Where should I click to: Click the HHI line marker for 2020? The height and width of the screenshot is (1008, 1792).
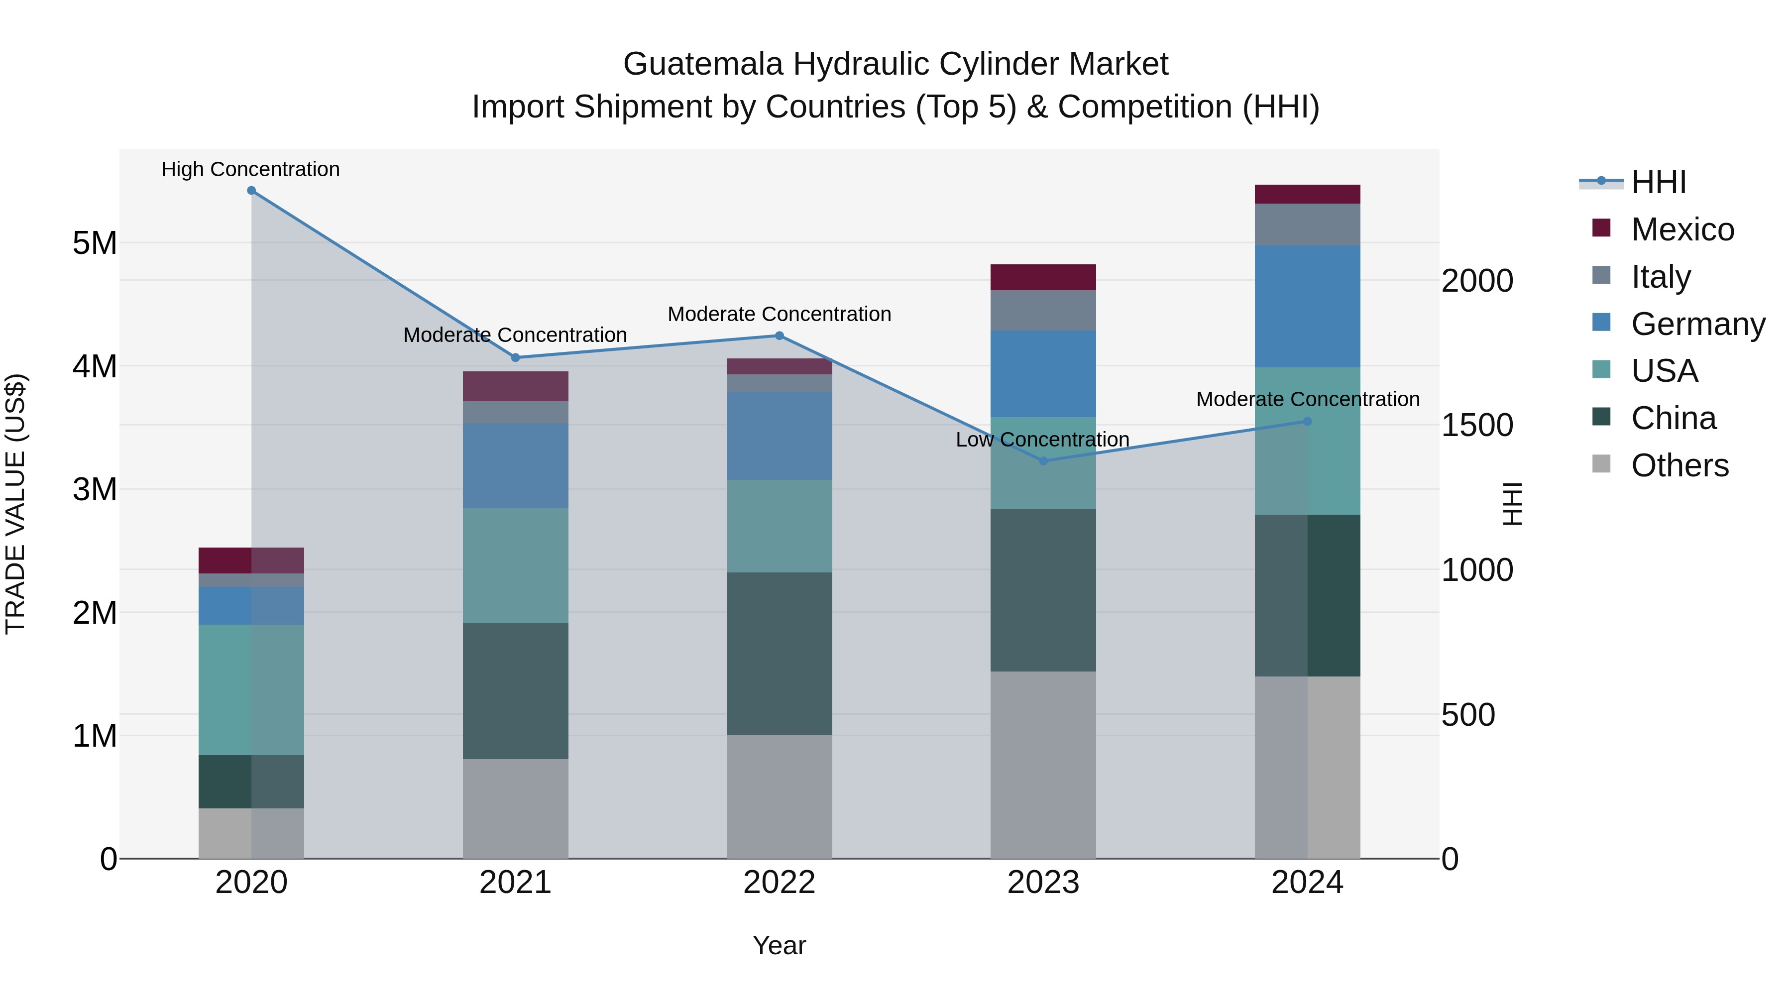coord(251,191)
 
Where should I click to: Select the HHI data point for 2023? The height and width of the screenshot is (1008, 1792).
coord(1043,460)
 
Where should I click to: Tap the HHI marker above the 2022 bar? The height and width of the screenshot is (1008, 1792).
coord(779,336)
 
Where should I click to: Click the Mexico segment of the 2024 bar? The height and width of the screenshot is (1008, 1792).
coord(1307,194)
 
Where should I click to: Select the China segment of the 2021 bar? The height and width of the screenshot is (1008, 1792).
coord(516,691)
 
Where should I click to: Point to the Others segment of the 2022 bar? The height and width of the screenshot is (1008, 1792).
coord(779,796)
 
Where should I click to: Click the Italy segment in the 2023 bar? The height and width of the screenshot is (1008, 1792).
coord(1043,310)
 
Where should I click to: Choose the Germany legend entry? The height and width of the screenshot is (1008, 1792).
coord(1697,324)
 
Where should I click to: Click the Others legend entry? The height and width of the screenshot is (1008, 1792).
coord(1680,465)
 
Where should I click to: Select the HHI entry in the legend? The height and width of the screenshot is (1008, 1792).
coord(1659,182)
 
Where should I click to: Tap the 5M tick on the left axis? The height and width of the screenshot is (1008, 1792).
coord(95,243)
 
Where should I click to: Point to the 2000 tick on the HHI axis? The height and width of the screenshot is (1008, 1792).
coord(1477,281)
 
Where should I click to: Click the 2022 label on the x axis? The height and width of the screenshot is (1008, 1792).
coord(779,883)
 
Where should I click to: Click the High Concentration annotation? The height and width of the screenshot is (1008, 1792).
coord(250,170)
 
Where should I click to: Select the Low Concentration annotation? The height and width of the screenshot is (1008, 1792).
coord(1042,440)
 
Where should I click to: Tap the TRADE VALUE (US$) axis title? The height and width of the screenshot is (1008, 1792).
coord(15,504)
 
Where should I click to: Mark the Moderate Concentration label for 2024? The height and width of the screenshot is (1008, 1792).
coord(1308,399)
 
